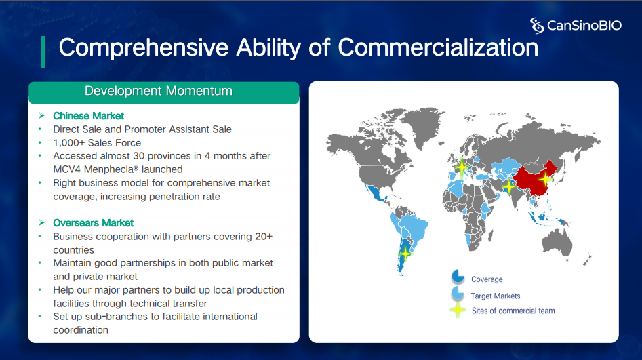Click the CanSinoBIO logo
[x=576, y=25]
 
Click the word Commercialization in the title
[x=438, y=47]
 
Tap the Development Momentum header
[x=159, y=91]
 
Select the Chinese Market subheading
[x=88, y=116]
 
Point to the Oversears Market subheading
[x=94, y=223]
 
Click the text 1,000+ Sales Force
[x=97, y=143]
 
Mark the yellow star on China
[x=545, y=178]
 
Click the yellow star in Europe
[x=462, y=167]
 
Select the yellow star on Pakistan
[x=508, y=186]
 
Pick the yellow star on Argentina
[x=405, y=254]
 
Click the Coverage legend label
[x=487, y=279]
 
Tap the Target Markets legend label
[x=496, y=296]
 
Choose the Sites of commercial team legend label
[x=513, y=311]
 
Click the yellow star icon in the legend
[x=458, y=310]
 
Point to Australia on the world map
[x=557, y=243]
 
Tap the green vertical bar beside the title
[x=43, y=52]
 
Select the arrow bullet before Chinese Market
[x=41, y=116]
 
